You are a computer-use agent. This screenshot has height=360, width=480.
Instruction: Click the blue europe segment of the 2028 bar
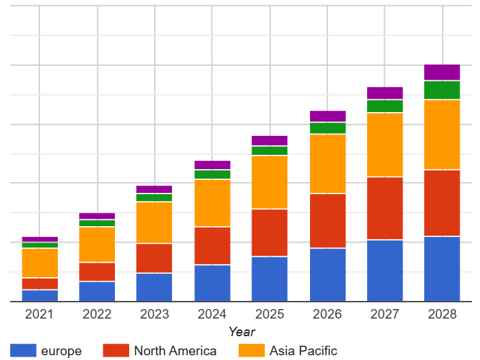[x=442, y=268]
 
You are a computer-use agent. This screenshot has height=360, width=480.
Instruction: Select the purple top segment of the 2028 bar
[x=442, y=72]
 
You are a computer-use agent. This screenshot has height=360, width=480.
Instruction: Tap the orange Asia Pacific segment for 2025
[x=269, y=182]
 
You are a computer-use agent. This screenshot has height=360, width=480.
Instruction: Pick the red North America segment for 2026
[x=328, y=221]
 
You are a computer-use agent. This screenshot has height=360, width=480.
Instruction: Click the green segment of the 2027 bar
[x=385, y=106]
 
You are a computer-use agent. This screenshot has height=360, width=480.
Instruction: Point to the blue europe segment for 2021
[x=39, y=295]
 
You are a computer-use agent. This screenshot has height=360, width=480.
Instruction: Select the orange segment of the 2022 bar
[x=97, y=245]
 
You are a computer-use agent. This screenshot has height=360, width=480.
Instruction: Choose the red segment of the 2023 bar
[x=154, y=258]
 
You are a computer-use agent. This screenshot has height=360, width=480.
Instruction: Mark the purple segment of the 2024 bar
[x=212, y=165]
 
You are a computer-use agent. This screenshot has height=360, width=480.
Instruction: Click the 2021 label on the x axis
[x=39, y=314]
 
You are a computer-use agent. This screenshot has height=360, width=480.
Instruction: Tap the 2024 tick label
[x=212, y=314]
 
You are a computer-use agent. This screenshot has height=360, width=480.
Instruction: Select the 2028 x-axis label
[x=442, y=314]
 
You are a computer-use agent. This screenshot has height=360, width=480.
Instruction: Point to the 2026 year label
[x=328, y=314]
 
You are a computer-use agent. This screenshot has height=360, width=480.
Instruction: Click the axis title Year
[x=241, y=331]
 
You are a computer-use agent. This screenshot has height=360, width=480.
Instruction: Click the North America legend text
[x=175, y=350]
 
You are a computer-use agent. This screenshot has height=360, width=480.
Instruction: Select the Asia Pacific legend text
[x=303, y=350]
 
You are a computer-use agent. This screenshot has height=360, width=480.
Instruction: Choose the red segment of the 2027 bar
[x=385, y=208]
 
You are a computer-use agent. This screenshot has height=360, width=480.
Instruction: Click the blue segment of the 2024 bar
[x=212, y=283]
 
